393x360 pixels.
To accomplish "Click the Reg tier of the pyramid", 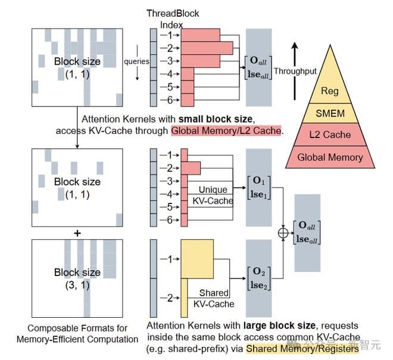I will point(329,90).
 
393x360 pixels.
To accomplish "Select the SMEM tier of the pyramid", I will point(329,113).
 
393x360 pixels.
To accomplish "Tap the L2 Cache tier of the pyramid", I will point(329,135).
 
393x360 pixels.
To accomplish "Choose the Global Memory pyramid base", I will point(329,157).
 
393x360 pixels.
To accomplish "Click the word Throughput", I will point(295,71).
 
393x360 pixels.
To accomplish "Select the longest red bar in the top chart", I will point(207,48).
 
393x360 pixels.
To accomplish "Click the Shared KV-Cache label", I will point(214,299).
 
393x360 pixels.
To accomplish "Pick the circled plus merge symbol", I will point(283,233).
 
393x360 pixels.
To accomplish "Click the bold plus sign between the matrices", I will point(77,233).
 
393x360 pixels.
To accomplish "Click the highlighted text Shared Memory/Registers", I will point(302,349).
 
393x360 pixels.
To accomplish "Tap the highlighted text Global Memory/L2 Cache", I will point(226,130).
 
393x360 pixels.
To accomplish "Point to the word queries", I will point(136,61).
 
